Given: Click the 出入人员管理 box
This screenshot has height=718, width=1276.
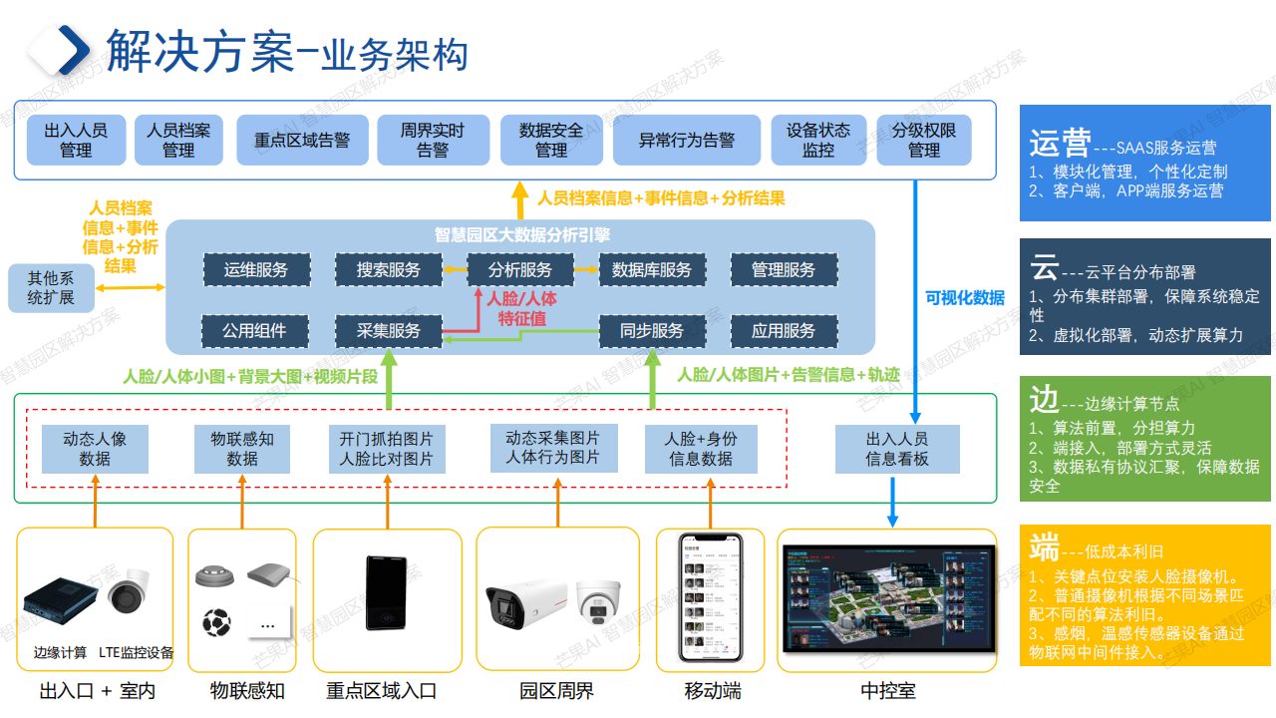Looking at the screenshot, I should [76, 140].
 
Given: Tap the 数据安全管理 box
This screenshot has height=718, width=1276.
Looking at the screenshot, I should [551, 140].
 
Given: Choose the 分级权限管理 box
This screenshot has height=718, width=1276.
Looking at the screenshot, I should [923, 140].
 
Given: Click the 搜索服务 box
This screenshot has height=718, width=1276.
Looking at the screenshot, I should [389, 270].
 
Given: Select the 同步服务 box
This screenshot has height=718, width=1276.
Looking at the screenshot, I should [652, 331].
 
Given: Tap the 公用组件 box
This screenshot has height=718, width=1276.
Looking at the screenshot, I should [256, 331].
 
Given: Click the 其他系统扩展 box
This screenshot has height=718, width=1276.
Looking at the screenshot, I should [50, 287].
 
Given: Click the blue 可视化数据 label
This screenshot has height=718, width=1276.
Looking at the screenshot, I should [964, 297].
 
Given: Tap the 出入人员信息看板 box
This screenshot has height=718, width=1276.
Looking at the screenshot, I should [896, 449].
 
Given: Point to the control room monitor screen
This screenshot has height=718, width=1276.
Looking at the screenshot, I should [889, 598].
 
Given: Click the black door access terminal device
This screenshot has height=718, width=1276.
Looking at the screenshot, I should [388, 593].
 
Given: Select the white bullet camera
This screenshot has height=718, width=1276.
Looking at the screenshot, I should [522, 601].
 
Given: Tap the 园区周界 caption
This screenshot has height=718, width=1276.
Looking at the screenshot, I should [556, 691].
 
